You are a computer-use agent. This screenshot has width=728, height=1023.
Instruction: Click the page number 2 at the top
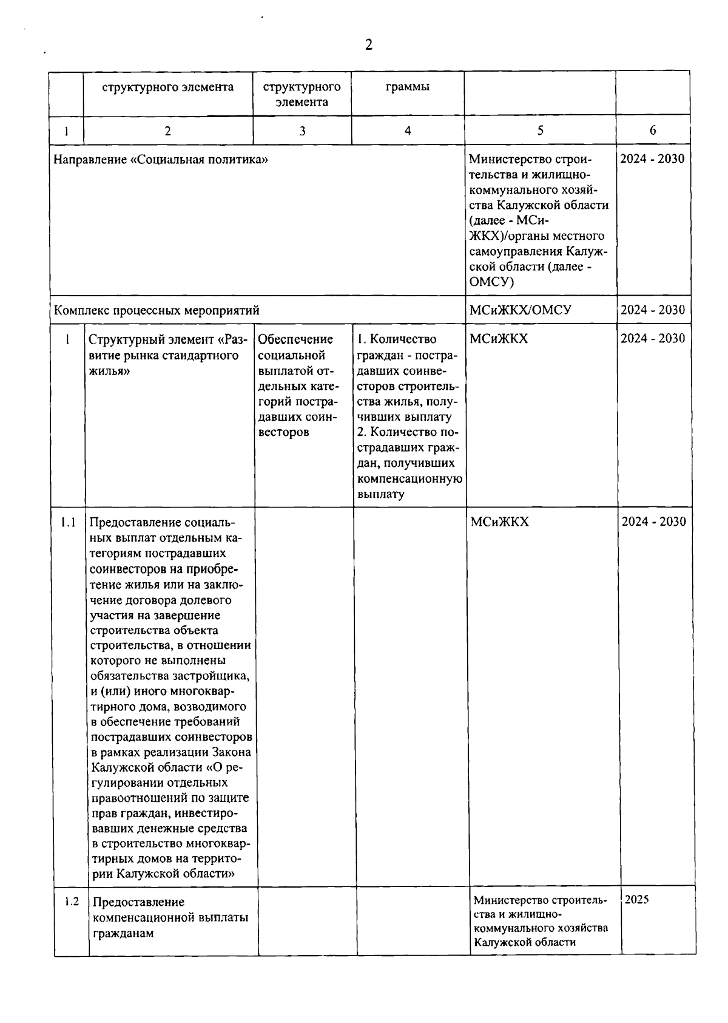pyautogui.click(x=368, y=44)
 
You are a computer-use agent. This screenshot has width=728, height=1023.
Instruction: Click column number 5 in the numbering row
pyautogui.click(x=540, y=130)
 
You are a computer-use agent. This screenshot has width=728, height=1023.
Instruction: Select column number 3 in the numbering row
pyautogui.click(x=302, y=131)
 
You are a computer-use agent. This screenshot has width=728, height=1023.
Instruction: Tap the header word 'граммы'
pyautogui.click(x=408, y=86)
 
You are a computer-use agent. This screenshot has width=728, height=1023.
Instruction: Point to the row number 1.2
pyautogui.click(x=72, y=902)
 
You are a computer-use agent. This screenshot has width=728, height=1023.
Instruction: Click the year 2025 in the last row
pyautogui.click(x=637, y=900)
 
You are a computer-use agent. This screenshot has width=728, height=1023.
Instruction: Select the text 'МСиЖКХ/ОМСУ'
pyautogui.click(x=521, y=310)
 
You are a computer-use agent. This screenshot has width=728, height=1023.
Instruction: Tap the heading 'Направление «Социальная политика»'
pyautogui.click(x=161, y=160)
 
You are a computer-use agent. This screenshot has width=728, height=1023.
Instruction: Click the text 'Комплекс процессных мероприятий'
pyautogui.click(x=157, y=311)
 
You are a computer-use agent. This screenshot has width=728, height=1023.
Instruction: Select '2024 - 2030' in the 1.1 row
pyautogui.click(x=653, y=522)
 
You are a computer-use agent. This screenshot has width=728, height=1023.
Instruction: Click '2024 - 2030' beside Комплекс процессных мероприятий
pyautogui.click(x=652, y=310)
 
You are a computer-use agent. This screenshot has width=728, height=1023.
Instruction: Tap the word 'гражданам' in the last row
pyautogui.click(x=124, y=933)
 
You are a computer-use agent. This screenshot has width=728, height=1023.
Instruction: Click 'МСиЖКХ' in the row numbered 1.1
pyautogui.click(x=499, y=522)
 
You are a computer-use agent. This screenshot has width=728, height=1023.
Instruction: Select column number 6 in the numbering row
pyautogui.click(x=653, y=130)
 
